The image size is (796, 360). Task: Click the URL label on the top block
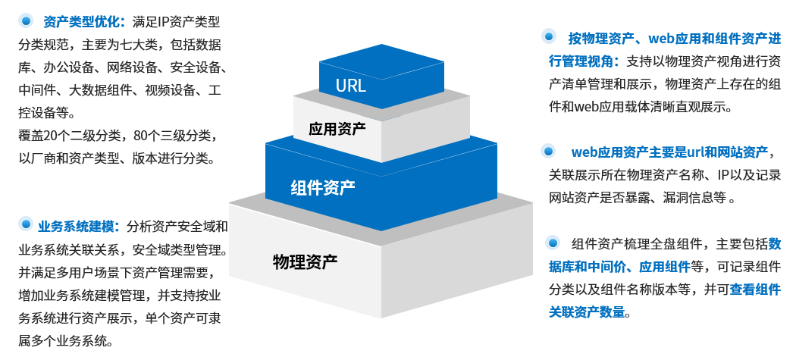tap(351, 85)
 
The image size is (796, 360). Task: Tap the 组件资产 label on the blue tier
tap(323, 187)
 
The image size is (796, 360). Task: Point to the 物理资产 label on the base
tap(305, 262)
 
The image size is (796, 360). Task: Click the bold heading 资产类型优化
tap(77, 21)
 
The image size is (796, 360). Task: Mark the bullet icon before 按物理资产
tap(550, 36)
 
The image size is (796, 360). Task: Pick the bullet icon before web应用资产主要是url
tap(550, 152)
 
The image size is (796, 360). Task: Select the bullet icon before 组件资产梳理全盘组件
tap(553, 243)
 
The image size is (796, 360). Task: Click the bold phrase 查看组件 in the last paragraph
tap(755, 289)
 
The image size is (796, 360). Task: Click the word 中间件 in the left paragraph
tap(37, 90)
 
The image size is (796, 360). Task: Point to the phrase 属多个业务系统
tap(64, 340)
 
